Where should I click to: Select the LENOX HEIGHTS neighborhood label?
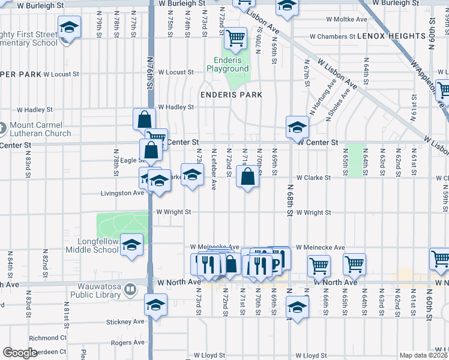click(x=391, y=36)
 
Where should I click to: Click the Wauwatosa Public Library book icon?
click(x=130, y=291)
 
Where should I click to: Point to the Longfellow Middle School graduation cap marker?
click(x=131, y=245)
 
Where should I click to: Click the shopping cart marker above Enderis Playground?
click(x=236, y=39)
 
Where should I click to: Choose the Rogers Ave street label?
click(x=128, y=343)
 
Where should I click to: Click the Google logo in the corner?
click(x=20, y=353)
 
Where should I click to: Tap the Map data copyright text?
click(x=423, y=355)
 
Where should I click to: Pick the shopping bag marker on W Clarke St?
click(x=248, y=177)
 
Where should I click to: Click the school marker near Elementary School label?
click(x=69, y=28)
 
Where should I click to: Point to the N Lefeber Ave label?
click(x=214, y=164)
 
